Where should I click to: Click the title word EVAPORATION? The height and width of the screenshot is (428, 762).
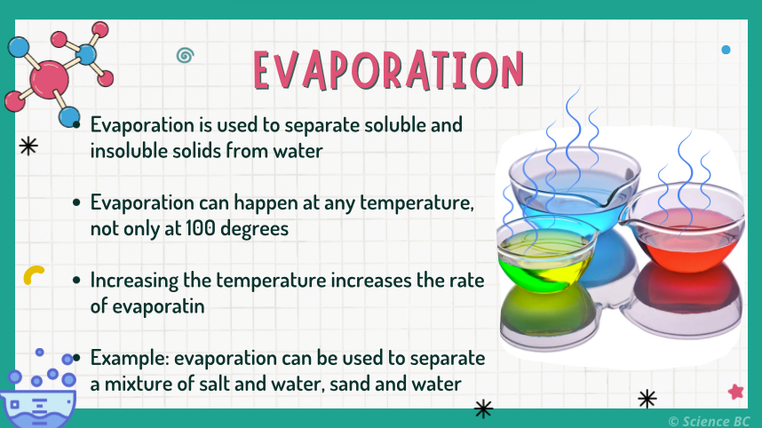pyautogui.click(x=387, y=68)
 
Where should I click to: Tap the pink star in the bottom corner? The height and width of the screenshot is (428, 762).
pyautogui.click(x=735, y=391)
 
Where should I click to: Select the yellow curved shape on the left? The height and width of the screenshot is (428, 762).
pyautogui.click(x=35, y=274)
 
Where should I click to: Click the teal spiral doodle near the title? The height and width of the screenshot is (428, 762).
pyautogui.click(x=185, y=56)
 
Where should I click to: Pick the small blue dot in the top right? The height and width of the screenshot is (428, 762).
pyautogui.click(x=726, y=50)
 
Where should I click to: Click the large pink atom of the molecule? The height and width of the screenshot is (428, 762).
pyautogui.click(x=49, y=79)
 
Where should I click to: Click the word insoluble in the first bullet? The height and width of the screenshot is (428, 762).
pyautogui.click(x=126, y=150)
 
